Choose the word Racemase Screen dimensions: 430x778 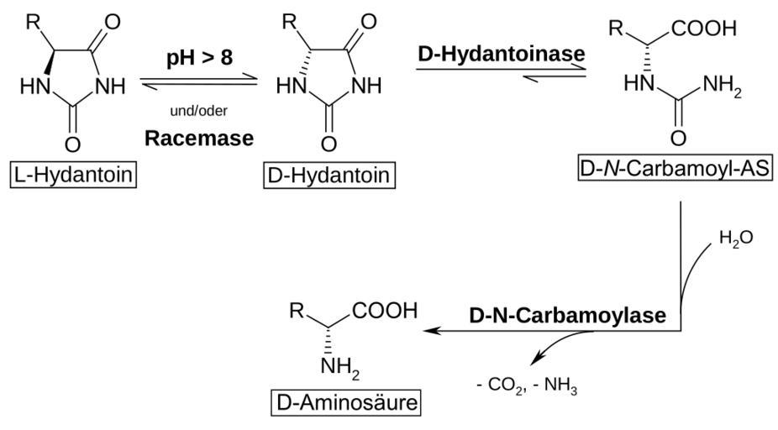click(x=199, y=138)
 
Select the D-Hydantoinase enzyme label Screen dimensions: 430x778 click(x=502, y=51)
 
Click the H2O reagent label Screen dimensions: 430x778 click(x=735, y=239)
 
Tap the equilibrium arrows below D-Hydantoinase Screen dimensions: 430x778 click(x=502, y=74)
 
